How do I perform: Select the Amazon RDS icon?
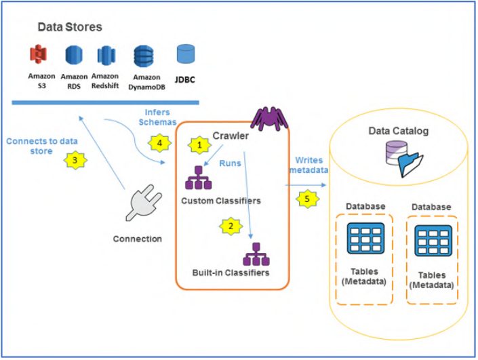coord(73,56)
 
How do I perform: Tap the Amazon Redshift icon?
coord(106,56)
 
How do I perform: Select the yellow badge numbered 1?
coord(199,144)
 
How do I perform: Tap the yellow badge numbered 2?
coord(231,226)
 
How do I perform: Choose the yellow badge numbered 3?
coord(75,161)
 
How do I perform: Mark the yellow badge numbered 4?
coord(159,144)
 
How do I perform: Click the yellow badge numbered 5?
coord(308,199)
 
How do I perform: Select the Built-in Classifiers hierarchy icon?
coord(257,254)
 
